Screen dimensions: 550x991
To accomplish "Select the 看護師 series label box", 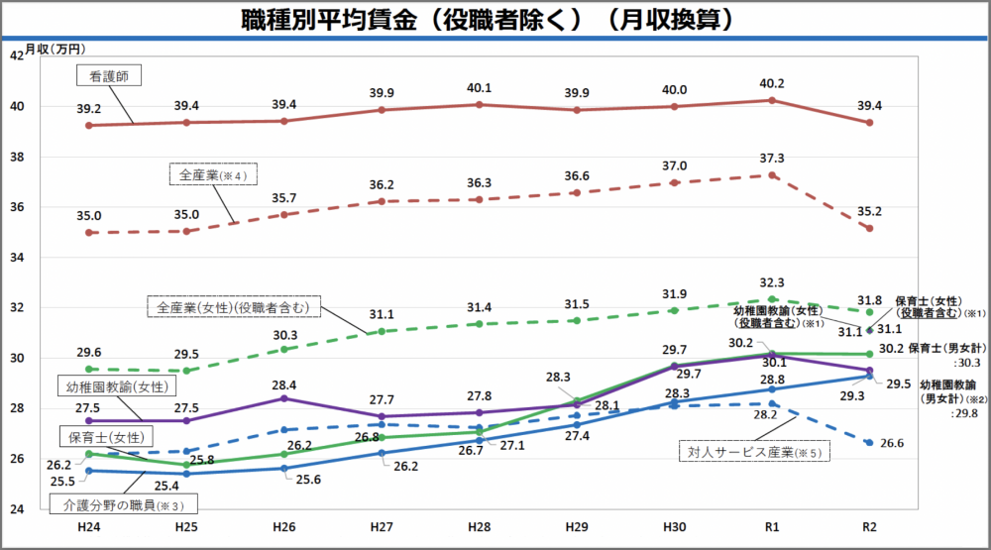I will click(109, 75).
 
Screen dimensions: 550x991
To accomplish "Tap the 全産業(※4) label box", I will click(212, 175).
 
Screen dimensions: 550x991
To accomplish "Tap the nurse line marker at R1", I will click(771, 100).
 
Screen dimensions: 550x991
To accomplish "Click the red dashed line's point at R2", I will click(869, 228).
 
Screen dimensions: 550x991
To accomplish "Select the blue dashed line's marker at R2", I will click(869, 443).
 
